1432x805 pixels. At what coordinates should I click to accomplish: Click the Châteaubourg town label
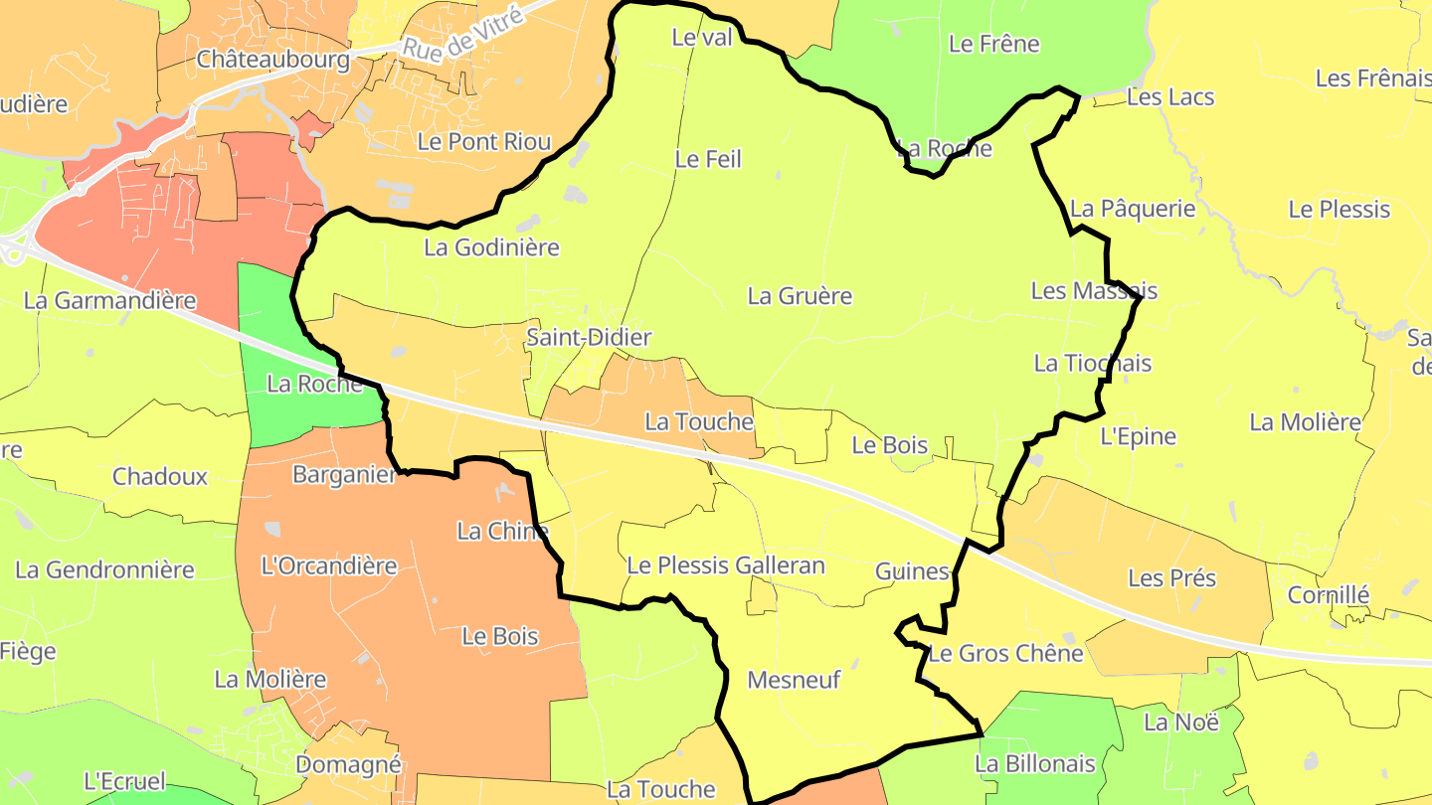click(273, 60)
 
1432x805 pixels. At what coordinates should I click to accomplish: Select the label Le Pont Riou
click(484, 142)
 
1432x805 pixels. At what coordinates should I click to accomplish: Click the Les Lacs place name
click(1170, 97)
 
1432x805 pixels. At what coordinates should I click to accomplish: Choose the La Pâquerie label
click(1132, 209)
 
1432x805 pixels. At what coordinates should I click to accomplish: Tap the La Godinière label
click(491, 247)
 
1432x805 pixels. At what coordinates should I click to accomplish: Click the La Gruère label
click(800, 296)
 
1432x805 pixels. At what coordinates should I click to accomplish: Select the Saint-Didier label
click(589, 337)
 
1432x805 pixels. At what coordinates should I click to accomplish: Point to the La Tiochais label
click(1092, 364)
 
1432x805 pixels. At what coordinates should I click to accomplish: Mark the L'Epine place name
click(1138, 436)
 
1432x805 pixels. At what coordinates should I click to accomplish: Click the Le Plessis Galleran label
click(726, 566)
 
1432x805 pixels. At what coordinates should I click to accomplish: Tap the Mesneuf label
click(794, 681)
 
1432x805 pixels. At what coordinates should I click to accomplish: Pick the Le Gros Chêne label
click(1005, 654)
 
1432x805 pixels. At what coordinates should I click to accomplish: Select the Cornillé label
click(1328, 595)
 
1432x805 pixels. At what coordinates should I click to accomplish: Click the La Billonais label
click(1034, 764)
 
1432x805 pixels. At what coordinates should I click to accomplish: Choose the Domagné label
click(349, 765)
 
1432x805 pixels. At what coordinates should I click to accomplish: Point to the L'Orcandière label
click(328, 566)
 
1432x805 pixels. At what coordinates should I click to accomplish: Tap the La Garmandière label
click(109, 300)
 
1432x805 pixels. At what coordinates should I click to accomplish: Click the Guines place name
click(912, 571)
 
